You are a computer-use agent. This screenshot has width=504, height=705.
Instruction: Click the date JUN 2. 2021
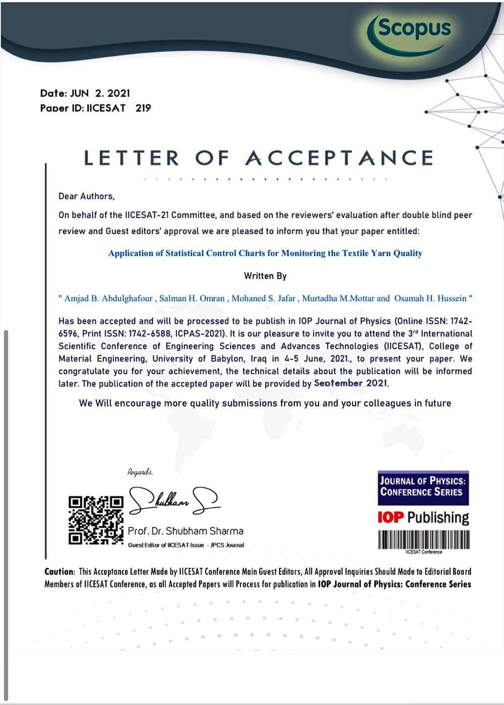[x=100, y=94]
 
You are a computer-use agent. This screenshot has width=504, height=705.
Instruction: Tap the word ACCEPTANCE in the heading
[x=338, y=158]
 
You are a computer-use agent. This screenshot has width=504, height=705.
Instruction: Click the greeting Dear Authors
[x=86, y=196]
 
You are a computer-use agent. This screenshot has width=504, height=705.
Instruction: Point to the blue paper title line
[x=265, y=253]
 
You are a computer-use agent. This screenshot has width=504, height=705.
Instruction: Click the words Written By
[x=265, y=275]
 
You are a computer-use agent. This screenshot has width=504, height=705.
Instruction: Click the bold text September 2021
[x=351, y=383]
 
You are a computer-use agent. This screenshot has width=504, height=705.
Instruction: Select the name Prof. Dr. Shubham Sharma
[x=185, y=532]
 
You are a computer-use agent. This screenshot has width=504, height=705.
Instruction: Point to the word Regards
[x=140, y=472]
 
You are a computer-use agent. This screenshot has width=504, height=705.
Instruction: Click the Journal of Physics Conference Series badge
[x=423, y=487]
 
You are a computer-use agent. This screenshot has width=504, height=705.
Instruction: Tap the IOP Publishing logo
[x=423, y=518]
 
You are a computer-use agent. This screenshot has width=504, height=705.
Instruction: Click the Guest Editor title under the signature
[x=186, y=545]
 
